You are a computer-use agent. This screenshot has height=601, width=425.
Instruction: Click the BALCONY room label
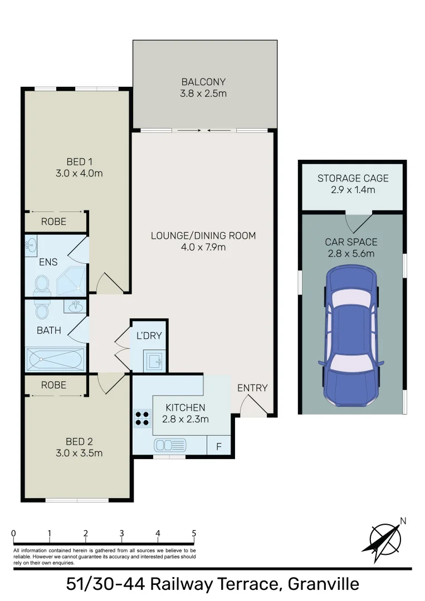tap(204, 82)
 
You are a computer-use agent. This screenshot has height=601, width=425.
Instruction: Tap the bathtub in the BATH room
tap(55, 359)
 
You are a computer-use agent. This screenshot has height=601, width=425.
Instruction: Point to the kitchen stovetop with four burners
tap(141, 417)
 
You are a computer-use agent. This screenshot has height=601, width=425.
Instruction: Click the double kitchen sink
tap(170, 445)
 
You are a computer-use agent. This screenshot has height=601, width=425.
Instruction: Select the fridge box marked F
tap(218, 446)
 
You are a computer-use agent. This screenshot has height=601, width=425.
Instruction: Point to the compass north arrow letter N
tap(403, 521)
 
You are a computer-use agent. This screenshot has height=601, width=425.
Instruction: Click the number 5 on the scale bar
tap(194, 533)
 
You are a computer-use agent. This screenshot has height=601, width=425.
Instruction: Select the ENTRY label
tap(252, 388)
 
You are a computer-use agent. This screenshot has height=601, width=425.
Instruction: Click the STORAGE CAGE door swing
tap(356, 222)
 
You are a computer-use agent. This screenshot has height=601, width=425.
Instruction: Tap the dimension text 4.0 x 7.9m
tap(203, 247)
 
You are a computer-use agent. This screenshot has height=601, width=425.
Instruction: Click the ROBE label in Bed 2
tap(53, 385)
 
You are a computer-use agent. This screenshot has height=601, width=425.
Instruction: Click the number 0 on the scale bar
tap(13, 533)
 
